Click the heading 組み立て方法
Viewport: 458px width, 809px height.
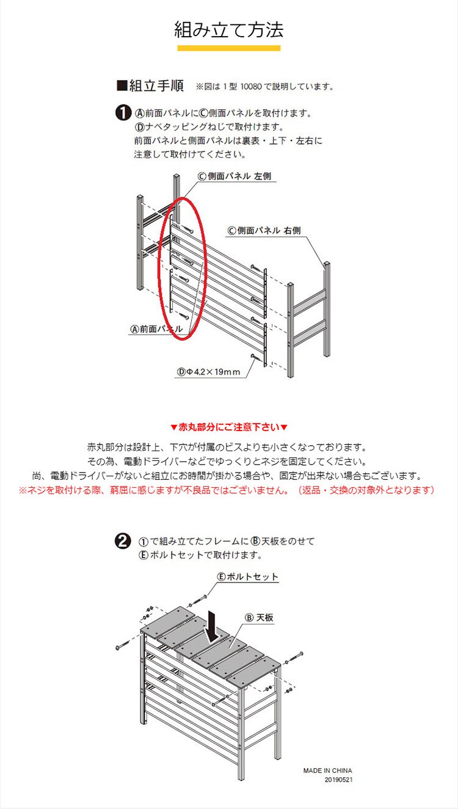(229, 29)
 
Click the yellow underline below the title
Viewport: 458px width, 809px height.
(229, 48)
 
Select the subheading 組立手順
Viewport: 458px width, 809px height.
(150, 85)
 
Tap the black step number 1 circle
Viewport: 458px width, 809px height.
(123, 114)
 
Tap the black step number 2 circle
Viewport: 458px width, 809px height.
(123, 541)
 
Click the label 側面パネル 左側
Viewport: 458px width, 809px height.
(234, 176)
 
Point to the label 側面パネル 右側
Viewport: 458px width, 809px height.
(264, 231)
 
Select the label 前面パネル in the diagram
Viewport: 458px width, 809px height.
(156, 328)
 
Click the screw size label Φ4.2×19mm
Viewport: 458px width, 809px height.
(208, 372)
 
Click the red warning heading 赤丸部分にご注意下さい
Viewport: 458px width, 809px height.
(229, 427)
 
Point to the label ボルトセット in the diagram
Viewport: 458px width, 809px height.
(247, 576)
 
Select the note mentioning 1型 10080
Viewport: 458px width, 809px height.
(264, 87)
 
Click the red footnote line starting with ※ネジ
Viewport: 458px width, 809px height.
(226, 490)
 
